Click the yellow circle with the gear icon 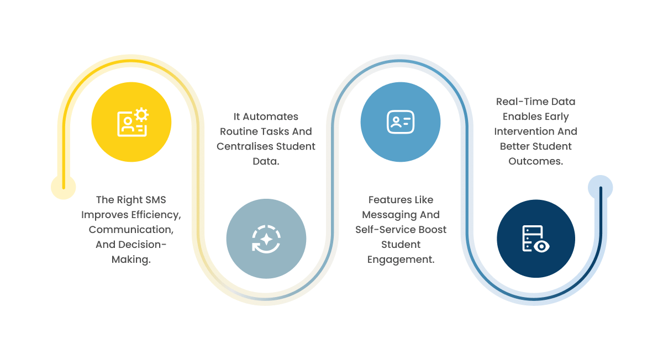pyautogui.click(x=131, y=122)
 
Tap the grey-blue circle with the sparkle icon pyautogui.click(x=266, y=239)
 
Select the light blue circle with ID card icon pyautogui.click(x=401, y=122)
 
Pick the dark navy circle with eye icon pyautogui.click(x=535, y=239)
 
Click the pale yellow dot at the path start pyautogui.click(x=64, y=187)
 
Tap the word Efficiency pyautogui.click(x=155, y=215)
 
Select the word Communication pyautogui.click(x=130, y=230)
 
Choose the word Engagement pyautogui.click(x=401, y=260)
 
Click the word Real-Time pyautogui.click(x=521, y=102)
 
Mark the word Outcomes pyautogui.click(x=535, y=161)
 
